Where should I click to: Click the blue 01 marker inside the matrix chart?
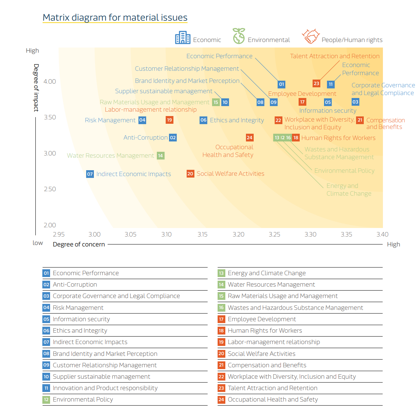281,84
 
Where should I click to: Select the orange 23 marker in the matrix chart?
316,84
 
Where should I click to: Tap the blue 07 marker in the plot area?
90,174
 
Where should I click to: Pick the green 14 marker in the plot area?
161,155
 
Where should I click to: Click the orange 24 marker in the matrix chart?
250,138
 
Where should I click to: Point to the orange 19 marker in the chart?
169,120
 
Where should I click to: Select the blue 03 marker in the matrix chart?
355,102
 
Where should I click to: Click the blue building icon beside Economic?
183,38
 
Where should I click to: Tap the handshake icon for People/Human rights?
310,36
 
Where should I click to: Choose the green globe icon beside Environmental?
239,36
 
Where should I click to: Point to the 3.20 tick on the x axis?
238,234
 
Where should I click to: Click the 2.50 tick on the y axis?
50,189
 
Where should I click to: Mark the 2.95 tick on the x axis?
59,234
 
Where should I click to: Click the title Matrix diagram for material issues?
115,17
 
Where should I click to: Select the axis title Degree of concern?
79,244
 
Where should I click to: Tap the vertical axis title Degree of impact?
36,88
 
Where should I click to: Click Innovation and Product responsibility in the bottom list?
105,388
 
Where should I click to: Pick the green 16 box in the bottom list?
221,308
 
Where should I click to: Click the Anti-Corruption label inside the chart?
145,137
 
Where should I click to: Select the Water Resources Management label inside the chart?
110,155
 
